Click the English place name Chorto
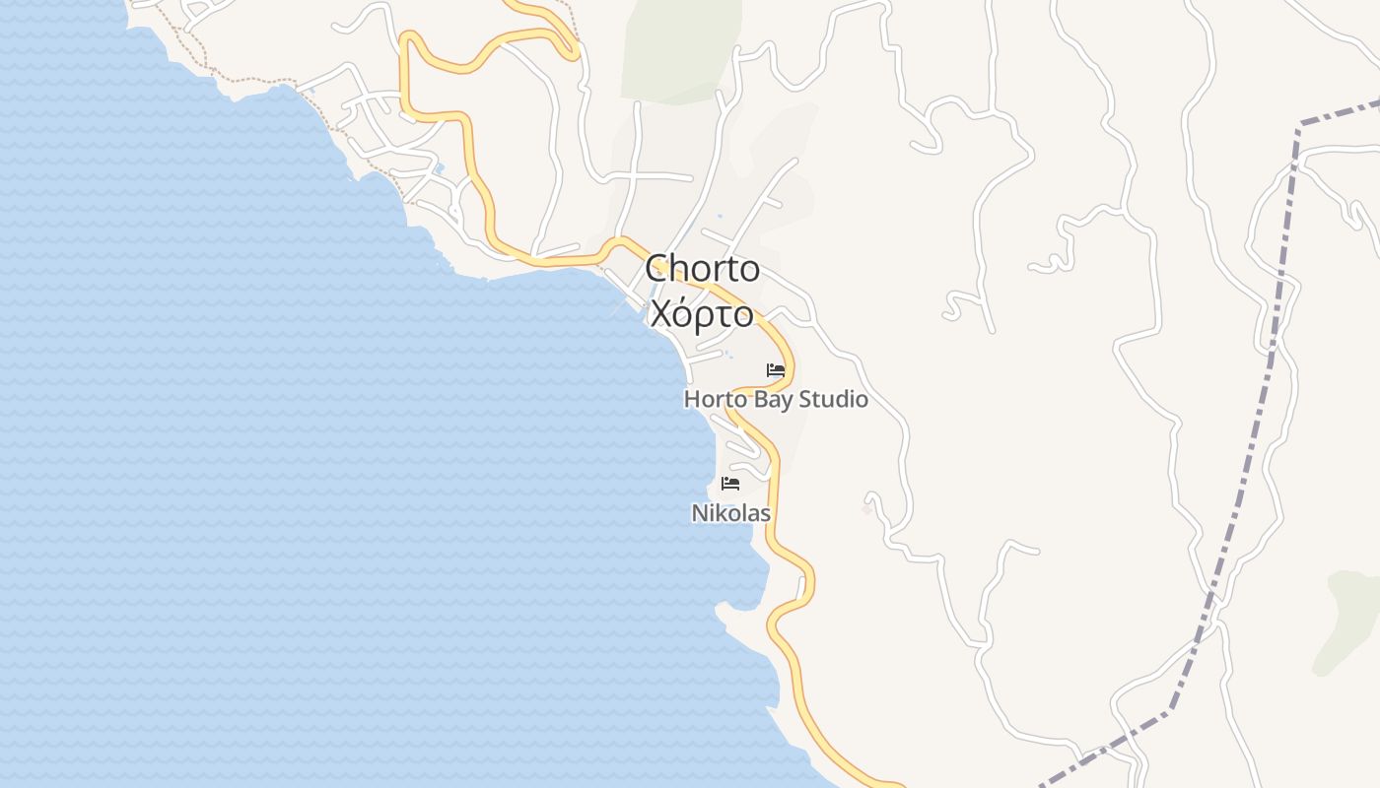tap(702, 268)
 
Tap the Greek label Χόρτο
tap(702, 314)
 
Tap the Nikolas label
tap(730, 513)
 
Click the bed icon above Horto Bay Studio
tap(776, 370)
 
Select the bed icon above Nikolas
tap(730, 483)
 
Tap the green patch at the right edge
tap(1350, 611)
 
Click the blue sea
tap(296, 443)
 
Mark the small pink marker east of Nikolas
tap(866, 508)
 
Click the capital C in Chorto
tap(657, 268)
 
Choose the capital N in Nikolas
tap(699, 513)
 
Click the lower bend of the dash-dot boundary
tap(1171, 708)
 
